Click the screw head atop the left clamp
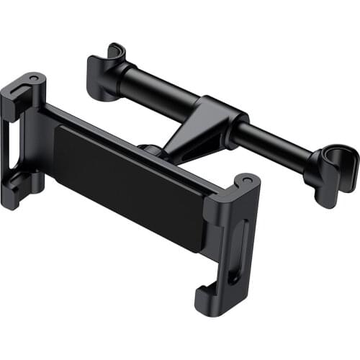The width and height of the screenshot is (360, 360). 32,77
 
